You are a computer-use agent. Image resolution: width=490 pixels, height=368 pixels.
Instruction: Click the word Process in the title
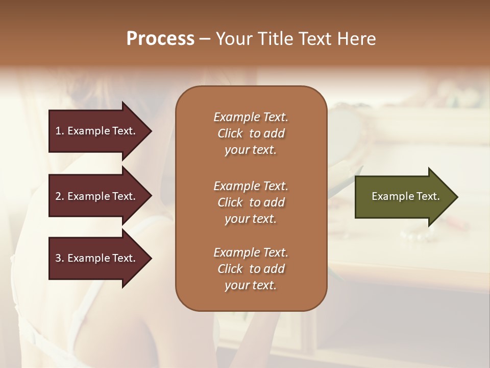click(x=160, y=39)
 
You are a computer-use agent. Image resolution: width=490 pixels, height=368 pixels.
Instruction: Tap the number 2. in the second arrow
click(x=60, y=196)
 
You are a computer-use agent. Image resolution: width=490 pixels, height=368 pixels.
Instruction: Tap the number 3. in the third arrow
click(x=60, y=258)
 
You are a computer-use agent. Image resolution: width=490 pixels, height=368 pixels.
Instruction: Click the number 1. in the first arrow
click(x=60, y=131)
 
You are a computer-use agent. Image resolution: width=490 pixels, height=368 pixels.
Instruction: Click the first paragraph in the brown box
click(x=251, y=133)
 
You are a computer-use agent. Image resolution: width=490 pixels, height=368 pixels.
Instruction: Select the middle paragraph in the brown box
click(x=251, y=202)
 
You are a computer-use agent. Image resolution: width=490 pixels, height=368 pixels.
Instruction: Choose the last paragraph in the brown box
click(x=251, y=269)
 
